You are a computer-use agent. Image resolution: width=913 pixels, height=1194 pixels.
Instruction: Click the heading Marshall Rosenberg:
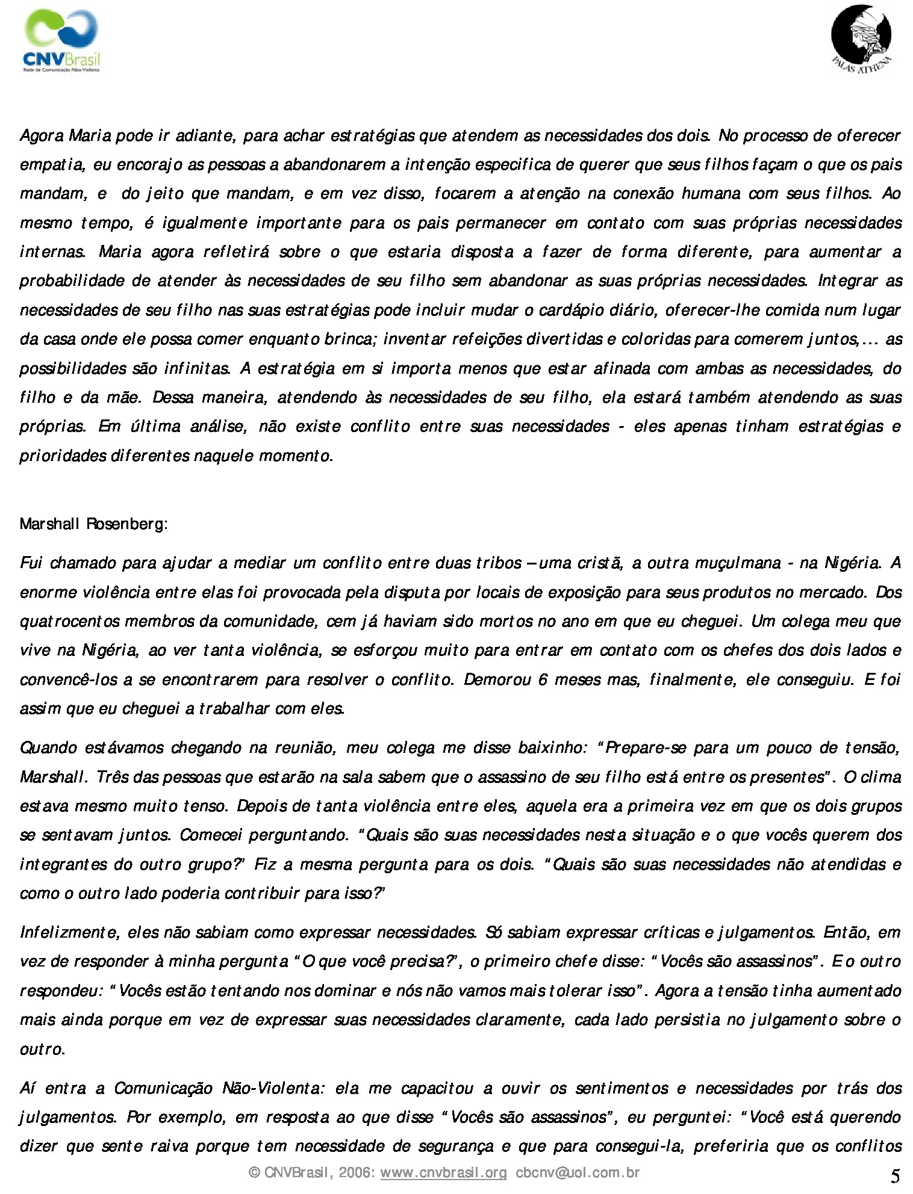93,524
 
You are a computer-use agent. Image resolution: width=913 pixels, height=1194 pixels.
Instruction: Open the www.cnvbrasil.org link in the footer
444,1172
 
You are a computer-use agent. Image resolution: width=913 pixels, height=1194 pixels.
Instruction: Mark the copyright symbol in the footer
255,1172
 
